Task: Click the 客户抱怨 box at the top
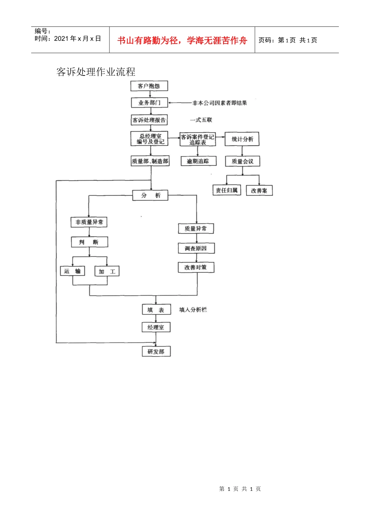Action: pyautogui.click(x=149, y=86)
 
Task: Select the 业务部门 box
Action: pyautogui.click(x=150, y=103)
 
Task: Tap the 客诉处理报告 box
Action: pyautogui.click(x=149, y=120)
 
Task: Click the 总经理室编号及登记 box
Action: pyautogui.click(x=150, y=139)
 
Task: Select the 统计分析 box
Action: pyautogui.click(x=242, y=139)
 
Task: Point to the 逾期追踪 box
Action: pyautogui.click(x=198, y=161)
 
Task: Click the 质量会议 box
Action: pyautogui.click(x=242, y=161)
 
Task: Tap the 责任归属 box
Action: pyautogui.click(x=227, y=190)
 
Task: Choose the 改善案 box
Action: pyautogui.click(x=259, y=191)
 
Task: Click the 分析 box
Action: pyautogui.click(x=150, y=195)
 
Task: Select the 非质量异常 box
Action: pyautogui.click(x=89, y=222)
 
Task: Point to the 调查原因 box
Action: pyautogui.click(x=196, y=248)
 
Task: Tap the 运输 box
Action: pyautogui.click(x=72, y=271)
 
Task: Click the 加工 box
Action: pyautogui.click(x=107, y=272)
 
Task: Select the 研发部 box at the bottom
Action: pyautogui.click(x=156, y=352)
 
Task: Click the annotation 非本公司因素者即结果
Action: pyautogui.click(x=220, y=103)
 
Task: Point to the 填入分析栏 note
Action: pyautogui.click(x=193, y=310)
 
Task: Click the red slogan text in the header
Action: pyautogui.click(x=182, y=40)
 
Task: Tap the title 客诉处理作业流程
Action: pyautogui.click(x=96, y=72)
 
